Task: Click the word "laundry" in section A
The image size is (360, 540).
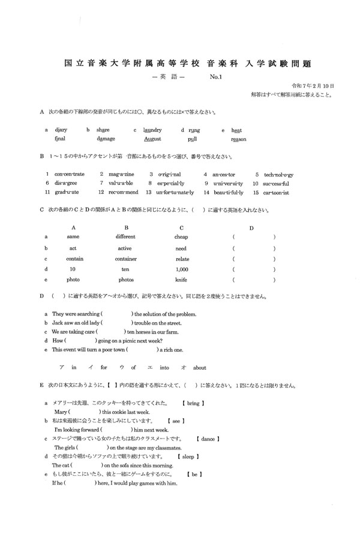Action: point(151,130)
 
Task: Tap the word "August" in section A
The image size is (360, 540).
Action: point(153,139)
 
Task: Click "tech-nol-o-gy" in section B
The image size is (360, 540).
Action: point(276,174)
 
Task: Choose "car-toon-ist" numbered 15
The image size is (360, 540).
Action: point(275,193)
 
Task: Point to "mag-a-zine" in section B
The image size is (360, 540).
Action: point(121,174)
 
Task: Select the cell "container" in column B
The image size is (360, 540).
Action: point(125,259)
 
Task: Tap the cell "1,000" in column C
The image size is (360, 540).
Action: point(182,269)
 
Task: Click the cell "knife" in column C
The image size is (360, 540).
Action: point(181,280)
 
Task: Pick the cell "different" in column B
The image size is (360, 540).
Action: point(125,237)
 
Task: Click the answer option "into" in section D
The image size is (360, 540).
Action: point(164,368)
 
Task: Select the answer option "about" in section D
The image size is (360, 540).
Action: point(199,368)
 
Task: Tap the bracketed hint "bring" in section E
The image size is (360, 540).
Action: point(193,404)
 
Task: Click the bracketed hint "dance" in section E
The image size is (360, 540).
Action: point(208,439)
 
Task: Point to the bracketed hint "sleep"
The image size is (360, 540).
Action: point(192,457)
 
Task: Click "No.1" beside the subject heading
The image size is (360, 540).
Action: point(217,77)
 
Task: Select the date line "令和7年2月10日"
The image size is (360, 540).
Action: point(312,86)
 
